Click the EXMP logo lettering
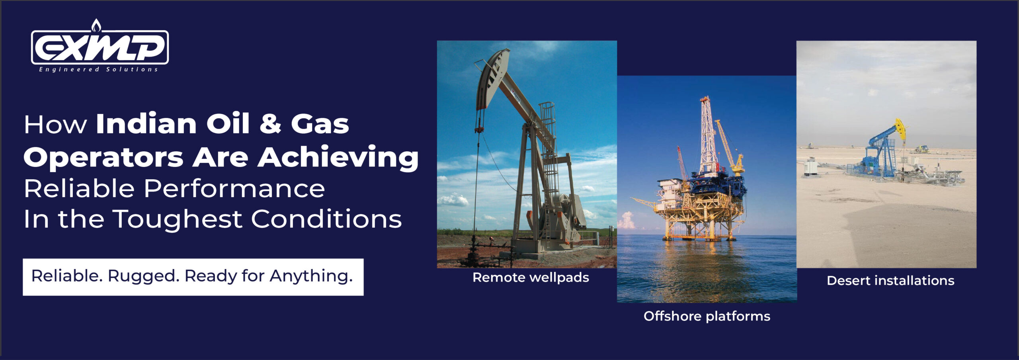tap(100, 47)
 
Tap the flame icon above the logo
tap(96, 25)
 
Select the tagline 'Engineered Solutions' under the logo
tap(98, 69)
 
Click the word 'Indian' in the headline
tap(146, 124)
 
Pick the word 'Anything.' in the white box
tap(311, 276)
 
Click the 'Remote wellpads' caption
tap(531, 277)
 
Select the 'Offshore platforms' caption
tap(707, 316)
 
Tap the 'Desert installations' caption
tap(890, 280)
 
